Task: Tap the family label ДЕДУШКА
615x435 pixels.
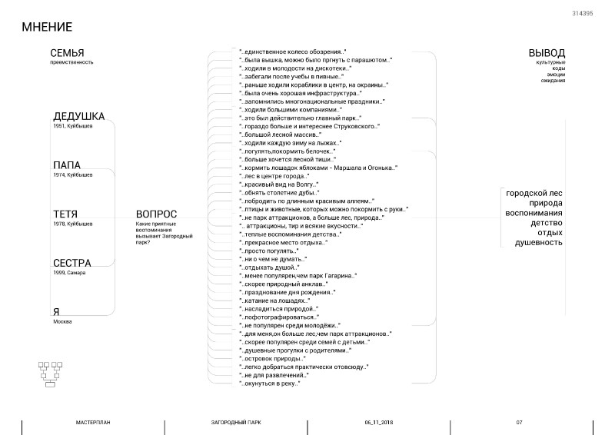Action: coord(78,117)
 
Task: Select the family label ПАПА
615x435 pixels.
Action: coord(66,165)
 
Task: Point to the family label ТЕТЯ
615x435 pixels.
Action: coord(66,214)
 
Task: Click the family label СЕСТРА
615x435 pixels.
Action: coord(72,263)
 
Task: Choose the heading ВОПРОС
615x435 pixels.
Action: coord(156,214)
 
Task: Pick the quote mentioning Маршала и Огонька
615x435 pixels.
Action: coord(318,168)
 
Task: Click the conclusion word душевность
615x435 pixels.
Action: coord(539,243)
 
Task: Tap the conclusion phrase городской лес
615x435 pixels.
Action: coord(534,193)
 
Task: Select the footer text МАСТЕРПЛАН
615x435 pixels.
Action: coord(94,423)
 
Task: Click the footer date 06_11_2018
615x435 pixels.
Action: coord(379,423)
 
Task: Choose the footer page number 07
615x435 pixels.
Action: coord(519,423)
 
